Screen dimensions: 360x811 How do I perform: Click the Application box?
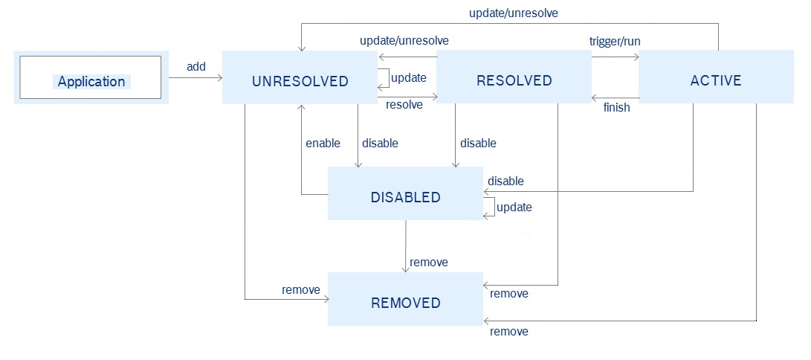(91, 78)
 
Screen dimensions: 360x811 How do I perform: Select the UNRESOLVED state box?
(300, 80)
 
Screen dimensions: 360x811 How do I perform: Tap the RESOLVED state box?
(514, 80)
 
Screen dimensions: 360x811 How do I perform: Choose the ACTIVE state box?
(716, 80)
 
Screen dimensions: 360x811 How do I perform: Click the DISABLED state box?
(405, 197)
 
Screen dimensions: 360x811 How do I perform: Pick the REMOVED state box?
(405, 303)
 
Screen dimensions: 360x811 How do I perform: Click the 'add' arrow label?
(196, 67)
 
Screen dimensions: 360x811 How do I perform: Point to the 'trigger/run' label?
(615, 41)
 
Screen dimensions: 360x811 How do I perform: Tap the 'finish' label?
(617, 108)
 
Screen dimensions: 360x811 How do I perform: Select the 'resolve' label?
(404, 105)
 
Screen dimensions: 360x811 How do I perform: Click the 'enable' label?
(323, 143)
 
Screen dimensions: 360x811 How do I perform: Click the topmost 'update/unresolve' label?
(514, 13)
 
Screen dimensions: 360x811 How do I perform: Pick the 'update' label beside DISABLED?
(514, 208)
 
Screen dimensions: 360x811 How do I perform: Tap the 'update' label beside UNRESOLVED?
(409, 78)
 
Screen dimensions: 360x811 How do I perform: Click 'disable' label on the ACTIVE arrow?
(505, 181)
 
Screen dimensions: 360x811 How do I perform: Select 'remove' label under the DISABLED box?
(429, 263)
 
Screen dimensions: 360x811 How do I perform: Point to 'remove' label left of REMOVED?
(301, 289)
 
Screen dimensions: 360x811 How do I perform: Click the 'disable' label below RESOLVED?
(478, 143)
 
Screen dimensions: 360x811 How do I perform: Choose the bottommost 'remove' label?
(509, 332)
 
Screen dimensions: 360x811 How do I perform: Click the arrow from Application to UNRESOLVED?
(196, 77)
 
